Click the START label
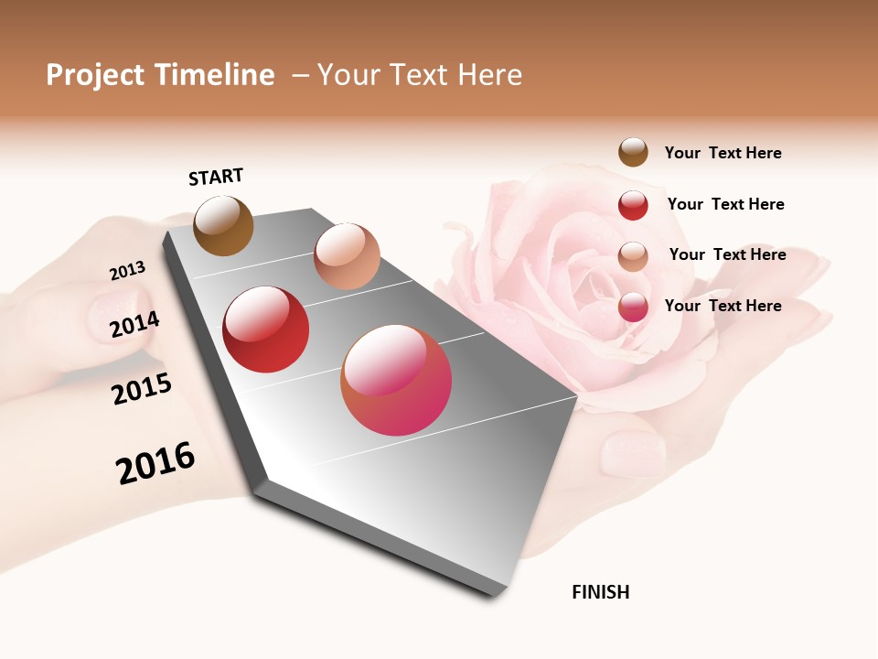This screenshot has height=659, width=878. coord(216,177)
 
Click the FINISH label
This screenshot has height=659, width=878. coord(601,592)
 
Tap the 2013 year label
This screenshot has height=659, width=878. coord(127,271)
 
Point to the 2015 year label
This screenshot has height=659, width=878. coord(142,389)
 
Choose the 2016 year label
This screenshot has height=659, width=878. coord(155,463)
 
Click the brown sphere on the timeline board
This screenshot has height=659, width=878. coord(223,225)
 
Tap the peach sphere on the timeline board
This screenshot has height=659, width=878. coord(347,256)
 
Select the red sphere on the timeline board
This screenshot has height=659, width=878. coord(266,329)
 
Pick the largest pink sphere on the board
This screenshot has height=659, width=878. coord(396,380)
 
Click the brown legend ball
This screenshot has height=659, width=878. coord(633,152)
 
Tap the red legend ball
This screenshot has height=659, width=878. coord(633,205)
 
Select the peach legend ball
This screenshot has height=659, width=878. coord(633,256)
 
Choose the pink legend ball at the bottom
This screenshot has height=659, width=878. coord(633,307)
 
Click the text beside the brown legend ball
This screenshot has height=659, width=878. coord(723,153)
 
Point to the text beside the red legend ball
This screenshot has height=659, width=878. coord(725,204)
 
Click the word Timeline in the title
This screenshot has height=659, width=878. coord(215,75)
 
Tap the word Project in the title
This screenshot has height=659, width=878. coord(96,76)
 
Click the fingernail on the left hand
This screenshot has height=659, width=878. coord(117,311)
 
